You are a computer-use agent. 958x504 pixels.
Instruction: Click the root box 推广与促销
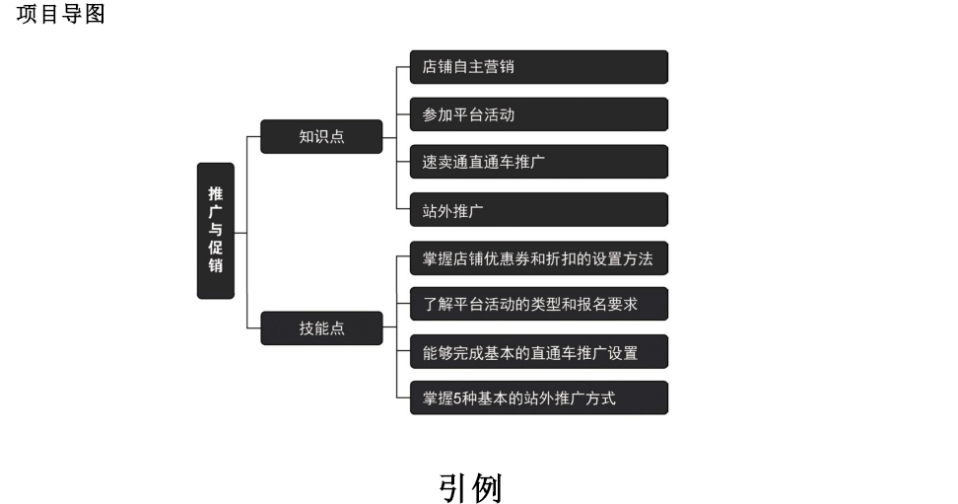click(216, 230)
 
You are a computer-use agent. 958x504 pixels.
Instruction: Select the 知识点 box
click(321, 136)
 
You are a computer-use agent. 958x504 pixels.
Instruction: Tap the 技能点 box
click(321, 328)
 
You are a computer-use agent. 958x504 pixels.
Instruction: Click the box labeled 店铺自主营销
click(538, 67)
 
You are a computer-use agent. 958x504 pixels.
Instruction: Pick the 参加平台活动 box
click(538, 114)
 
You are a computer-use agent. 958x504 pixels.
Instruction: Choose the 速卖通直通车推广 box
click(538, 162)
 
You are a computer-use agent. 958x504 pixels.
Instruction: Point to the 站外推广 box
click(538, 209)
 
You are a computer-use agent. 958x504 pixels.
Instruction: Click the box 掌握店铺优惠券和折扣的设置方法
click(538, 258)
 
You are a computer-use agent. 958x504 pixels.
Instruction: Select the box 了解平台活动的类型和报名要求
click(538, 304)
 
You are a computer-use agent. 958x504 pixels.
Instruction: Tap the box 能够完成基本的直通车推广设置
click(538, 351)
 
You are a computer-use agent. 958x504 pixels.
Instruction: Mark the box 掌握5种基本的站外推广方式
click(538, 397)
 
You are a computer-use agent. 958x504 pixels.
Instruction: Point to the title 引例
click(470, 487)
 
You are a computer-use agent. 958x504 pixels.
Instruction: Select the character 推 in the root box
click(216, 193)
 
